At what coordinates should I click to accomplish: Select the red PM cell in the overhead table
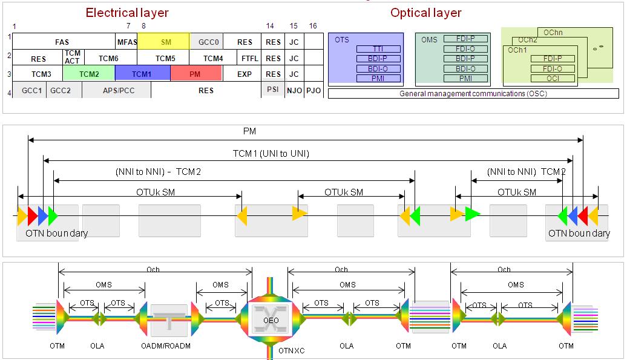click(195, 74)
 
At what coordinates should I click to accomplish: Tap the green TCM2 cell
click(88, 74)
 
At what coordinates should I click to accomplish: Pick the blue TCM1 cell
click(142, 74)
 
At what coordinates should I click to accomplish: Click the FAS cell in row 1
click(62, 42)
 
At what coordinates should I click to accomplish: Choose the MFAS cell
click(127, 42)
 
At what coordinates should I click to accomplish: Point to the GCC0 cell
click(206, 42)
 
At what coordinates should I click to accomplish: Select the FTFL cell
click(249, 59)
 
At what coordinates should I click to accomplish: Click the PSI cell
click(273, 90)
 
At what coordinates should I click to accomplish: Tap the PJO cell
click(313, 90)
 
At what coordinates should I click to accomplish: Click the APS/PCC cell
click(116, 90)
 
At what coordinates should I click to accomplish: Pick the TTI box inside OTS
click(378, 49)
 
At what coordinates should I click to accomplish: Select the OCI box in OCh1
click(553, 78)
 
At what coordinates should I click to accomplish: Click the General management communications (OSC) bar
click(473, 94)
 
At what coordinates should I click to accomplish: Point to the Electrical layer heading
click(127, 13)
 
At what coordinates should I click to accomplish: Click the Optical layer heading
click(426, 13)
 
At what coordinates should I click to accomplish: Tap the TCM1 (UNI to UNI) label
click(271, 154)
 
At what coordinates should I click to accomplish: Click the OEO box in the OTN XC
click(271, 320)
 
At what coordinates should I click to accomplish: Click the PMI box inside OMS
click(465, 79)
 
